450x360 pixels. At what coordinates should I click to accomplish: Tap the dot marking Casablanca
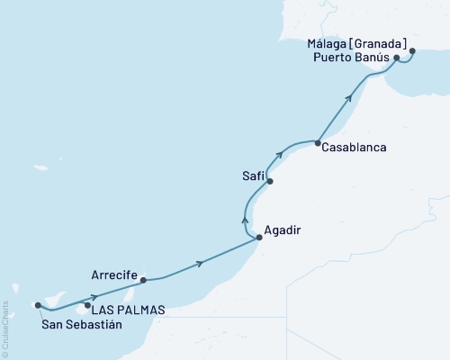(318, 142)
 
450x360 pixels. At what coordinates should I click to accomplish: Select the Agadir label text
(282, 229)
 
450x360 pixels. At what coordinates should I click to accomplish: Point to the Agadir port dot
(259, 238)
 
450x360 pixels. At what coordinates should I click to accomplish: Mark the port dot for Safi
(269, 181)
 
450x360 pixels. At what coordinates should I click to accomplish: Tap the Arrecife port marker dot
(143, 280)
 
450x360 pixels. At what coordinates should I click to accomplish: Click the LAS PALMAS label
(130, 310)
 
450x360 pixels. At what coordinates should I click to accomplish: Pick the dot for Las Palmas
(87, 305)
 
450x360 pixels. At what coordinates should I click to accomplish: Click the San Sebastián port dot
(38, 305)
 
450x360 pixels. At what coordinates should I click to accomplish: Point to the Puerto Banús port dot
(397, 58)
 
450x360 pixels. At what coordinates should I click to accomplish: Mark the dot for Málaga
(413, 51)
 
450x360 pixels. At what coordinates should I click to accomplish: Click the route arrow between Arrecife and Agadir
(200, 263)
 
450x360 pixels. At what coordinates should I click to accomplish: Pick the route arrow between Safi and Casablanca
(279, 156)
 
